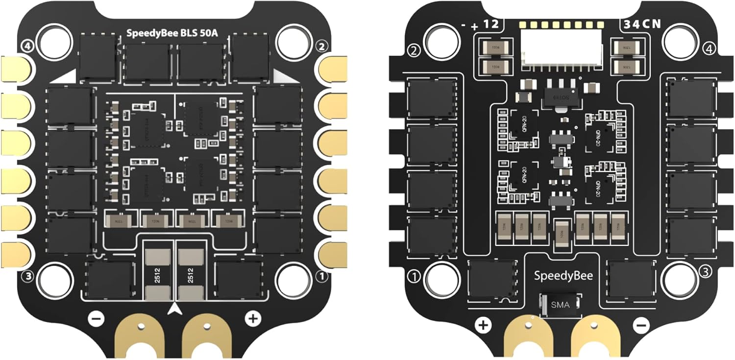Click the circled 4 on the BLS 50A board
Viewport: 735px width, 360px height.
(x=27, y=46)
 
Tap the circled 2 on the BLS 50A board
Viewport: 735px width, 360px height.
(x=321, y=47)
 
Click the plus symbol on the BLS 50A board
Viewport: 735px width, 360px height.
(x=252, y=319)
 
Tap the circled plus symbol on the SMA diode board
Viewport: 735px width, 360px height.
(x=483, y=324)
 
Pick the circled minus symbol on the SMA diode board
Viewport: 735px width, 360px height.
(x=641, y=324)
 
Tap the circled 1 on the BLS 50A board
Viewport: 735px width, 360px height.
(x=322, y=277)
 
